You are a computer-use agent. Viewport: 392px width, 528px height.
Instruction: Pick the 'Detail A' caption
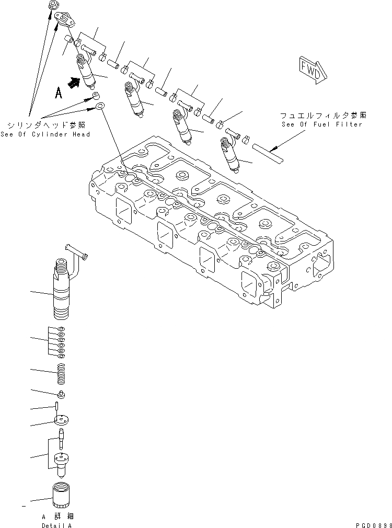[x=56, y=524]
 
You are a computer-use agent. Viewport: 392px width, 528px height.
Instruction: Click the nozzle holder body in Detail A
[x=63, y=293]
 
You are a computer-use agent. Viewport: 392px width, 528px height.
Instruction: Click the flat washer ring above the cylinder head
[x=100, y=107]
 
